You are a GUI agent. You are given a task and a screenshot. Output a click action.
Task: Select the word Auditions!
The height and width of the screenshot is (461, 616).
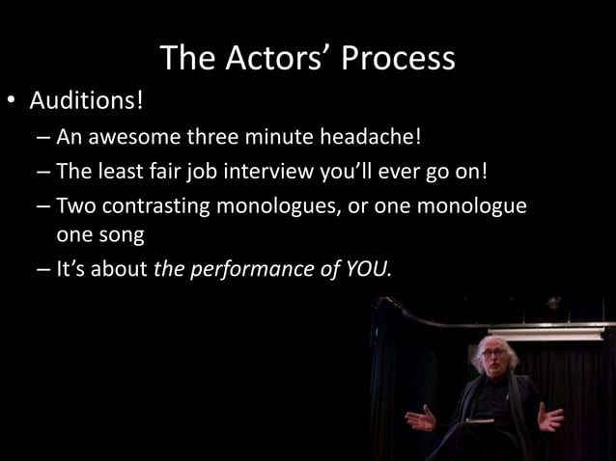(86, 100)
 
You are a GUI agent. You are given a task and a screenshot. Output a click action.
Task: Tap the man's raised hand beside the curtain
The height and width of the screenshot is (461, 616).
(550, 418)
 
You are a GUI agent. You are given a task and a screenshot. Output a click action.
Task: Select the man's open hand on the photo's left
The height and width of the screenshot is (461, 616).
(421, 419)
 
